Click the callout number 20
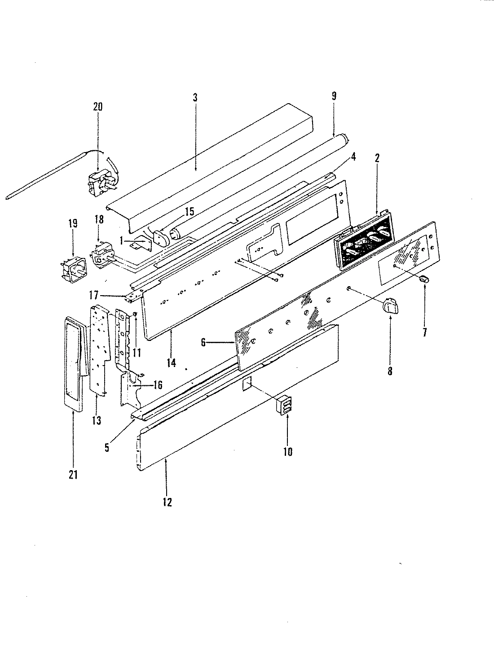pyautogui.click(x=97, y=107)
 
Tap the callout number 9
pyautogui.click(x=334, y=96)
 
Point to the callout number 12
pyautogui.click(x=167, y=502)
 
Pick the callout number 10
pyautogui.click(x=288, y=452)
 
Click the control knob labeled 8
pyautogui.click(x=389, y=308)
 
